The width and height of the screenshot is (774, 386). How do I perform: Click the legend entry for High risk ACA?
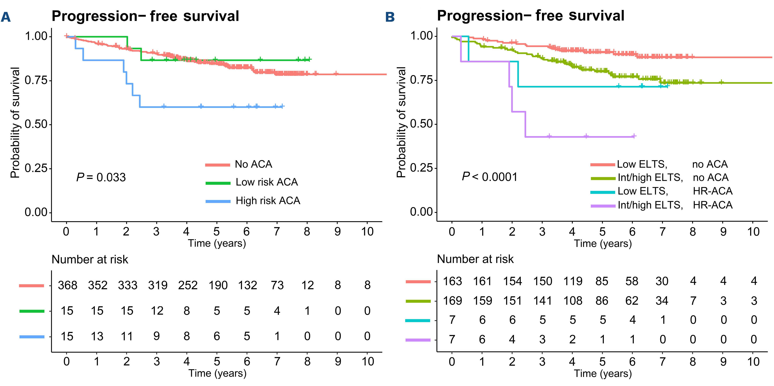268,201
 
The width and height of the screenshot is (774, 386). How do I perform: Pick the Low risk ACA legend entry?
267,182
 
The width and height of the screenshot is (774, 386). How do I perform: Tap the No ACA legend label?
253,164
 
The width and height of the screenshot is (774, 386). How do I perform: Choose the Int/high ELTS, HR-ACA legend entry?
675,205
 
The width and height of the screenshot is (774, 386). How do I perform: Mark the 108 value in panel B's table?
573,301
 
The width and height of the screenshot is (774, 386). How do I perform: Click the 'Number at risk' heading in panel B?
475,259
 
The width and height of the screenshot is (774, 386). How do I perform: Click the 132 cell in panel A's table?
248,285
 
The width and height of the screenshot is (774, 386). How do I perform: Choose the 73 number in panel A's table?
277,285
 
